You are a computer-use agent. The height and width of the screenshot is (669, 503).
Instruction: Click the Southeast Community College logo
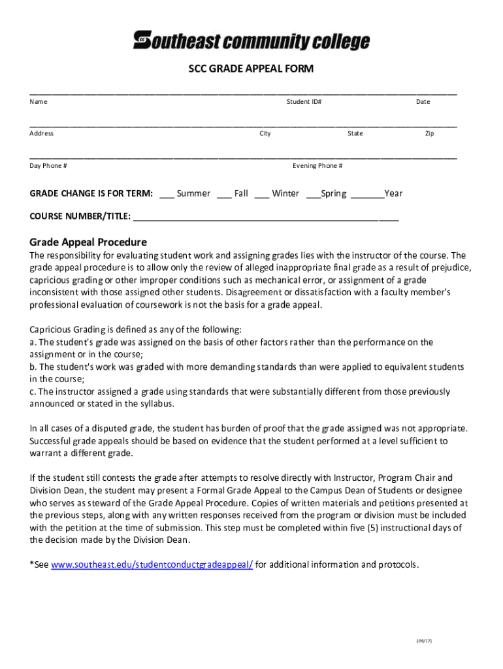(252, 41)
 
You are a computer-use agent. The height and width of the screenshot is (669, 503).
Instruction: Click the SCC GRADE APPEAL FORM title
(252, 69)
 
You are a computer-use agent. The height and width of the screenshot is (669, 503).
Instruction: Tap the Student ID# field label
(304, 102)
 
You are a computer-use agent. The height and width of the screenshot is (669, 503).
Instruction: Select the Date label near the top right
(423, 102)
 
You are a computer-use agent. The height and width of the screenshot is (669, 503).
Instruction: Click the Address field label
(42, 133)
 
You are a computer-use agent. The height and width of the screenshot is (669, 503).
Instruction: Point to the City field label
(265, 133)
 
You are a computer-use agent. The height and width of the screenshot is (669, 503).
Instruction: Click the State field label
(355, 133)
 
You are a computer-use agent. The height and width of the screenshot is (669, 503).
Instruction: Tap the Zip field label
(429, 133)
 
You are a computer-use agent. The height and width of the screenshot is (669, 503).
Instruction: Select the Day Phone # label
(48, 165)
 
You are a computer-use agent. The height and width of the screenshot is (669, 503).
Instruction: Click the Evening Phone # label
(317, 165)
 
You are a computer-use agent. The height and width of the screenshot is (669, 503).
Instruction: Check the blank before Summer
(167, 194)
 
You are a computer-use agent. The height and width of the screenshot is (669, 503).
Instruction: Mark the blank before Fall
(224, 194)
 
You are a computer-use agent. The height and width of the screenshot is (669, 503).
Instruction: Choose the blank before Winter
(262, 194)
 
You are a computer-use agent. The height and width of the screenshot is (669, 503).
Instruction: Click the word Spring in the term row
(333, 193)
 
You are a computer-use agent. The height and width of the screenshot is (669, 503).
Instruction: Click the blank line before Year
(367, 194)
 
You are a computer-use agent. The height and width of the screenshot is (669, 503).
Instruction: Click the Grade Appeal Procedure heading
(88, 241)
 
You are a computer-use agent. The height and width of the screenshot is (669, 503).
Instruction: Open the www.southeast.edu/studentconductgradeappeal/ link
(152, 564)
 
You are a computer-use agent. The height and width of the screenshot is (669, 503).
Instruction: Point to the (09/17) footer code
(424, 641)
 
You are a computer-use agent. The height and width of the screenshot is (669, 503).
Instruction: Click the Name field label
(39, 102)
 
